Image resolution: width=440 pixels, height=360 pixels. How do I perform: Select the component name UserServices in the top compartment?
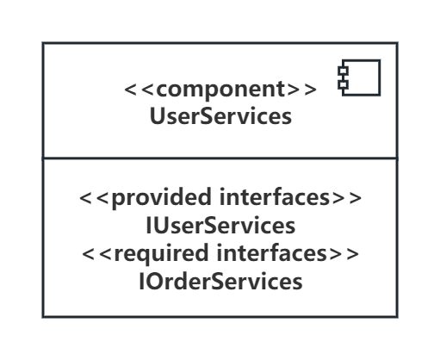pyautogui.click(x=220, y=116)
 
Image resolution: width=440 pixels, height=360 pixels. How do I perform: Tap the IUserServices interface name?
pyautogui.click(x=220, y=226)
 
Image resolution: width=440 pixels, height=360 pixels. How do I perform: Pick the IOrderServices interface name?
pyautogui.click(x=220, y=282)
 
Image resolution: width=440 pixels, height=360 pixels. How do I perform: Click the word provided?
pyautogui.click(x=162, y=198)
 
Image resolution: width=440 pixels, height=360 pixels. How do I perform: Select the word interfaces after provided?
pyautogui.click(x=275, y=197)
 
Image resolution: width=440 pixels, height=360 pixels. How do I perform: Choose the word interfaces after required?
pyautogui.click(x=271, y=253)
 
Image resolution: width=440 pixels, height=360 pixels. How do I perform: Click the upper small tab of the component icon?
pyautogui.click(x=344, y=71)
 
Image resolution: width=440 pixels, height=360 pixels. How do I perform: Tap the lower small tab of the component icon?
pyautogui.click(x=344, y=84)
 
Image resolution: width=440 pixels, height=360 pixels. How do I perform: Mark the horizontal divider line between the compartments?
pyautogui.click(x=220, y=158)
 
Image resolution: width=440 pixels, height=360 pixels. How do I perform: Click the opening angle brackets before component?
pyautogui.click(x=140, y=90)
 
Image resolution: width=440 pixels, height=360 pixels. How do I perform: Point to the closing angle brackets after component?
pyautogui.click(x=301, y=90)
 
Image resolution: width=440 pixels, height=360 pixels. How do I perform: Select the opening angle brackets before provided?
pyautogui.click(x=96, y=198)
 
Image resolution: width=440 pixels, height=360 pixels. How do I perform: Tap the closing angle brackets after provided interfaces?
pyautogui.click(x=345, y=198)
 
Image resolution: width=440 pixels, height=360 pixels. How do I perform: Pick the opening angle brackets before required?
pyautogui.click(x=98, y=254)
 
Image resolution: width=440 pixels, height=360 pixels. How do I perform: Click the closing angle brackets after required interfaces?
pyautogui.click(x=343, y=254)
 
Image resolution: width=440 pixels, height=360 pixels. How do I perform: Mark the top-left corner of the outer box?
pyautogui.click(x=43, y=43)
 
